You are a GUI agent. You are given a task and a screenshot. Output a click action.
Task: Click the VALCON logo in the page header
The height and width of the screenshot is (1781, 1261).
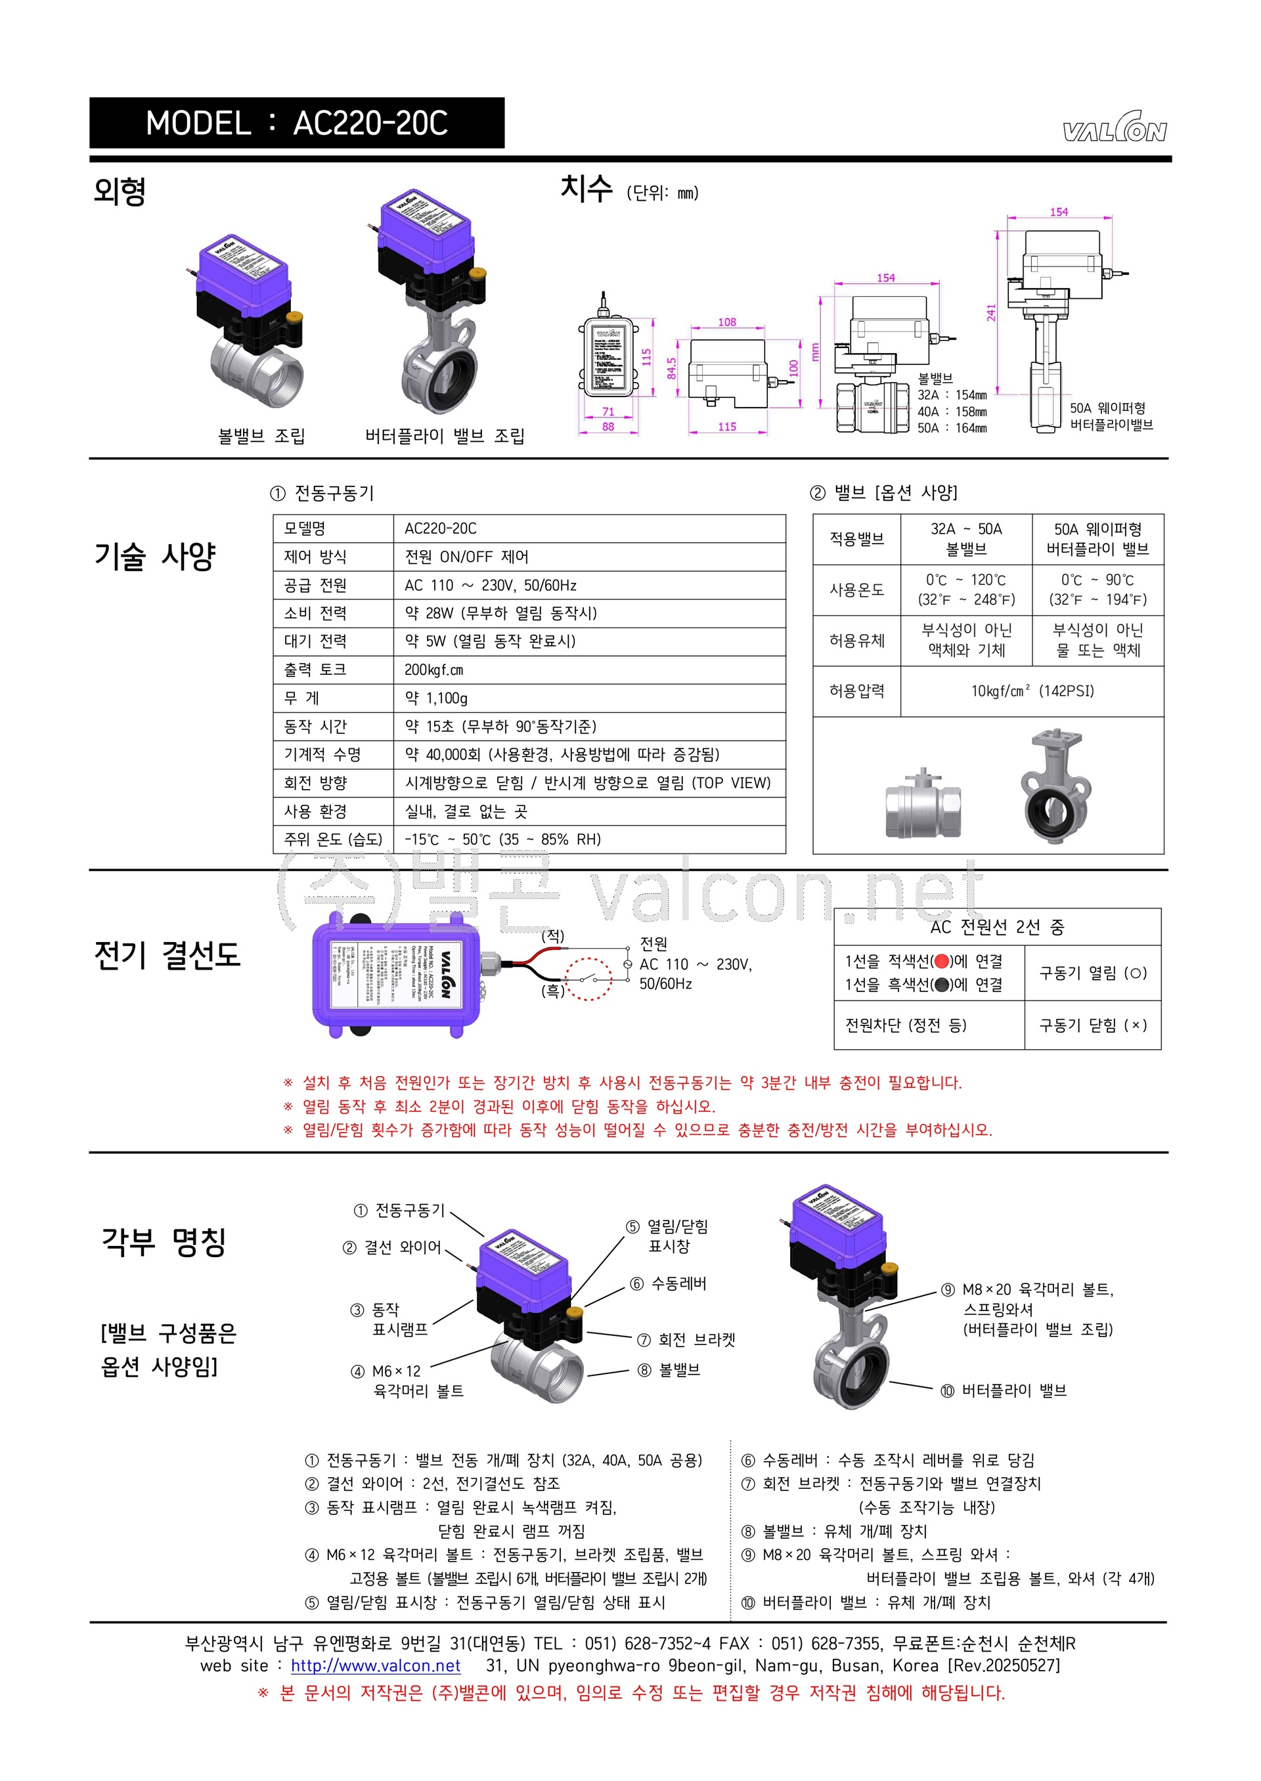(x=1115, y=129)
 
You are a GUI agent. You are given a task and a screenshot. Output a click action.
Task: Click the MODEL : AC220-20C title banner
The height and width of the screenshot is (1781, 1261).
(x=297, y=123)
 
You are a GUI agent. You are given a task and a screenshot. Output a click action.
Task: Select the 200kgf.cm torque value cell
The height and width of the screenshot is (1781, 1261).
(x=434, y=670)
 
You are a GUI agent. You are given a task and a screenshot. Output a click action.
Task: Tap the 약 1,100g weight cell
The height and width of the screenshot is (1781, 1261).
(x=436, y=698)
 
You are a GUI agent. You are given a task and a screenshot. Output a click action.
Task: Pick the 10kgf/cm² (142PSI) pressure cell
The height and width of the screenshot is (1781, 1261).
(x=1032, y=691)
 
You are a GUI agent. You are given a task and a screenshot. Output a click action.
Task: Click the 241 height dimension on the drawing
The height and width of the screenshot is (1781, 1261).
(x=992, y=312)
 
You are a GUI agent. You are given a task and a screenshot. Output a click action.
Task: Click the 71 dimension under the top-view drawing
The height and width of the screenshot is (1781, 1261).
(x=608, y=412)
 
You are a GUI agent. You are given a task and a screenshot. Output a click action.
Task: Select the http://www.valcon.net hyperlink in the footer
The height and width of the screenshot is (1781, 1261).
(x=376, y=1666)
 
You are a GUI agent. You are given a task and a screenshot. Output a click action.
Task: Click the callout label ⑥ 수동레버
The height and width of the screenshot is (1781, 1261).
(x=669, y=1283)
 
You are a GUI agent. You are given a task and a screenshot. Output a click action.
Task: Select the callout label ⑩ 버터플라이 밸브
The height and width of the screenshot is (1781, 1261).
(x=1003, y=1390)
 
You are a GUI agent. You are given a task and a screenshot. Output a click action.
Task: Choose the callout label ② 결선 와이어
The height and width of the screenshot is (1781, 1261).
(x=392, y=1247)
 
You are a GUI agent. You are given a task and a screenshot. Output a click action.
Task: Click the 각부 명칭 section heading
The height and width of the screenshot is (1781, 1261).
(x=164, y=1241)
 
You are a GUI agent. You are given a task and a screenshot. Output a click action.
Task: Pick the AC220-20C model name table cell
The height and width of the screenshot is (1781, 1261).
(x=440, y=528)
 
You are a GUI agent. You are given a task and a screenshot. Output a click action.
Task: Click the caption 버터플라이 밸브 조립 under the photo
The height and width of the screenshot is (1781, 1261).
(x=445, y=436)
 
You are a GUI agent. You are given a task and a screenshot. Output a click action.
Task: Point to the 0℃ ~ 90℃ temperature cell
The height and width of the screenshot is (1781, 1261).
(x=1097, y=590)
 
